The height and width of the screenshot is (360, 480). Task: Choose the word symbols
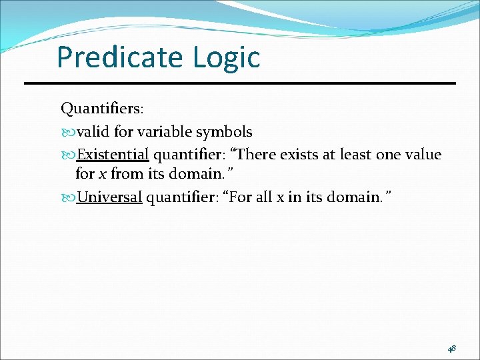223,131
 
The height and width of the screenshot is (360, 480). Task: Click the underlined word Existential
113,155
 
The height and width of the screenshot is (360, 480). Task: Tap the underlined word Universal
109,197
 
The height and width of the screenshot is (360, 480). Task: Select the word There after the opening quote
257,155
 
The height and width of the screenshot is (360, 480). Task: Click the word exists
300,155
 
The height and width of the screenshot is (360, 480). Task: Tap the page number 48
452,348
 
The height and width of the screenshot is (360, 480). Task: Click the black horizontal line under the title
240,83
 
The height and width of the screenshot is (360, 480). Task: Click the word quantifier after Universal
176,197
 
